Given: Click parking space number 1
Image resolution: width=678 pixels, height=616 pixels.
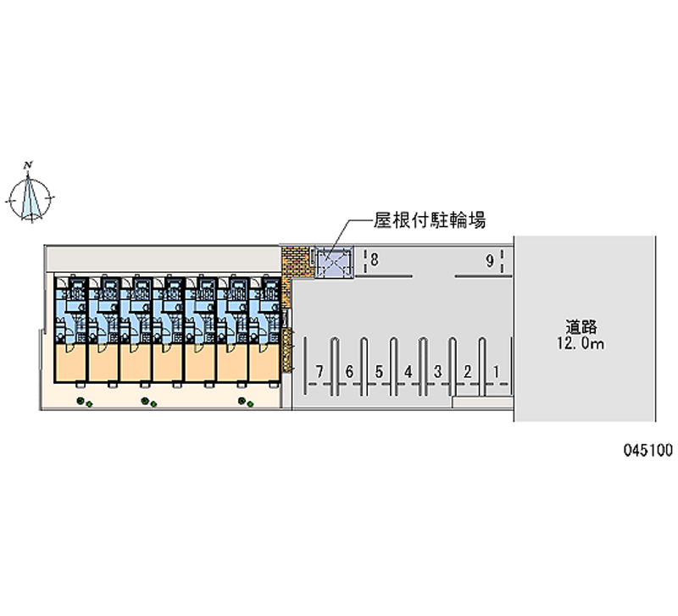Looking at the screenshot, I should pyautogui.click(x=497, y=370).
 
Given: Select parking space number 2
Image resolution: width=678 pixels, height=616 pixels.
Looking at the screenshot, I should pyautogui.click(x=467, y=370).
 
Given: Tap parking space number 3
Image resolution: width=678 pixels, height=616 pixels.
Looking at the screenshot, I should pyautogui.click(x=437, y=370).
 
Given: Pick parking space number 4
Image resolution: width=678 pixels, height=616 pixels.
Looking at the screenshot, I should pyautogui.click(x=408, y=370).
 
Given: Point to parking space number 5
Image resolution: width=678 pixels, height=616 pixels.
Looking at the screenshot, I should pyautogui.click(x=379, y=370).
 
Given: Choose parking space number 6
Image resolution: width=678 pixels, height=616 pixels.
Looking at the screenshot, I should pyautogui.click(x=349, y=370).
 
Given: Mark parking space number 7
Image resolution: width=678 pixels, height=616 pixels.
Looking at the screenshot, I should pyautogui.click(x=319, y=370).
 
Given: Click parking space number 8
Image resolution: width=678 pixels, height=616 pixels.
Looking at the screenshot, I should pyautogui.click(x=374, y=261).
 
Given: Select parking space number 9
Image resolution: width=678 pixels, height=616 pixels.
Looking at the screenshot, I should pyautogui.click(x=490, y=261).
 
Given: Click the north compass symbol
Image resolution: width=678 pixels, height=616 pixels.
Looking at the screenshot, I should pyautogui.click(x=31, y=196).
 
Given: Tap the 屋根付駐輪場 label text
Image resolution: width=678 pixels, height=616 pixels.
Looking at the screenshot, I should pyautogui.click(x=430, y=221).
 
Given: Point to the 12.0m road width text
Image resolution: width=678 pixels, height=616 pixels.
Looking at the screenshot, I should pyautogui.click(x=582, y=344).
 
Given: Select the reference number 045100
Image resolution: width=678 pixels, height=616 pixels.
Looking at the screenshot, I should pyautogui.click(x=645, y=451).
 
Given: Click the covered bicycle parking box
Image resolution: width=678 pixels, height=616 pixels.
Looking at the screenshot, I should pyautogui.click(x=331, y=263).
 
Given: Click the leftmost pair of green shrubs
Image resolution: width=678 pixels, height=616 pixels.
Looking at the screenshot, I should pyautogui.click(x=83, y=402).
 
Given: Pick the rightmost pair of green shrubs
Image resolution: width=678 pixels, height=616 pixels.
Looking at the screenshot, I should pyautogui.click(x=246, y=402).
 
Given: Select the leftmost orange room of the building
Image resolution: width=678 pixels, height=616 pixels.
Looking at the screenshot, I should pyautogui.click(x=70, y=363).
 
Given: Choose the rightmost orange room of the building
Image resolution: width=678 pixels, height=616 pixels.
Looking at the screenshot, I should pyautogui.click(x=264, y=363).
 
